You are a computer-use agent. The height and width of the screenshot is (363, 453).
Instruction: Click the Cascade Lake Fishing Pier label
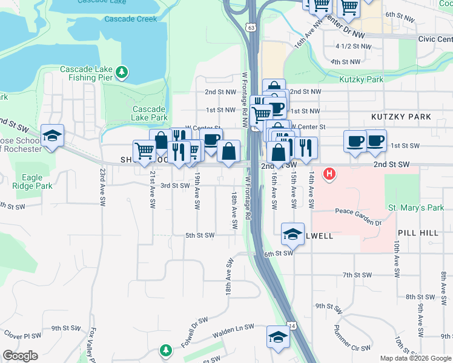point(87,74)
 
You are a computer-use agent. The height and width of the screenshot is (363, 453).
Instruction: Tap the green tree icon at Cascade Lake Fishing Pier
point(123,73)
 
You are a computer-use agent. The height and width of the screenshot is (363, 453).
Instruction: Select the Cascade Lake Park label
point(150,113)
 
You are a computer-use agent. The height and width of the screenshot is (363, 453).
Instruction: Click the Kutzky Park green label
point(361,79)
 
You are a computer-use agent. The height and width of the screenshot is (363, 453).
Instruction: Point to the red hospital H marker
point(329,175)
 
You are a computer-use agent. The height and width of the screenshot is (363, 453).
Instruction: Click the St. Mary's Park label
point(415,208)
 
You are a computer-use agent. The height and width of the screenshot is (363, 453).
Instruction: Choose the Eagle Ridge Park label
point(31,182)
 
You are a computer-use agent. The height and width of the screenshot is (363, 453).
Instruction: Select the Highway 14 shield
point(293,325)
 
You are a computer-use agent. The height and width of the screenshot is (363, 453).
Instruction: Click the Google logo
point(20,356)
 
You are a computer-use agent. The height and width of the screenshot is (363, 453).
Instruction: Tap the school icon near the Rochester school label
point(52,136)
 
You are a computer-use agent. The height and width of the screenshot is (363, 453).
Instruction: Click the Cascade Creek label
point(130,19)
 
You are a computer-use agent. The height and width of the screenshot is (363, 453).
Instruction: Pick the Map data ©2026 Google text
point(415,358)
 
